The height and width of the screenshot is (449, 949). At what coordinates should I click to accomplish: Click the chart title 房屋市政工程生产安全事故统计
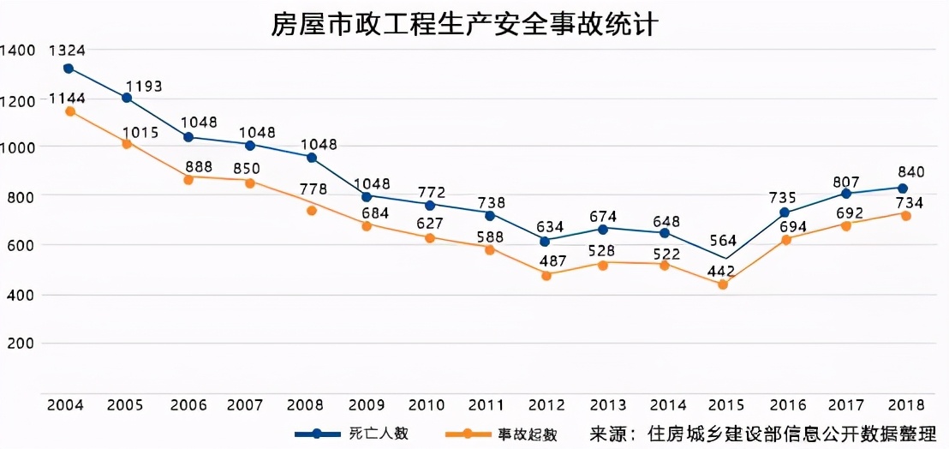coord(463,23)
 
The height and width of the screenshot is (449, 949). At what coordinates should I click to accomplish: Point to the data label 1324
coord(66,51)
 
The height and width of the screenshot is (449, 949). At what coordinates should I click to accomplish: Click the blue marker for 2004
coord(69,69)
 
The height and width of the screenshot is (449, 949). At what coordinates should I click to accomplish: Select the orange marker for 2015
coord(722,284)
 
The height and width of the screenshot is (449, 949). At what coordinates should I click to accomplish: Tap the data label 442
coord(721,271)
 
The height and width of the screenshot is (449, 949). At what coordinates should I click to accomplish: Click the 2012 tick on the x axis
coord(546,404)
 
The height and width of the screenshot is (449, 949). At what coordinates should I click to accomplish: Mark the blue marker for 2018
coord(903,189)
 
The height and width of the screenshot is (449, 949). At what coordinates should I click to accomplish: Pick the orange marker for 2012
coord(546,275)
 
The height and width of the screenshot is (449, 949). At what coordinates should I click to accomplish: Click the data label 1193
coord(144,87)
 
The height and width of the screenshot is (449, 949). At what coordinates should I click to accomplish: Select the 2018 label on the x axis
coord(903,404)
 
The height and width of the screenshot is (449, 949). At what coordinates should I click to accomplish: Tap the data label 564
coord(721,240)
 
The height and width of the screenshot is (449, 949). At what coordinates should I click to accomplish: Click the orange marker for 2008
coord(312,211)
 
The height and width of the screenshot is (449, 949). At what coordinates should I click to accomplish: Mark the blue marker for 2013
coord(604,229)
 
